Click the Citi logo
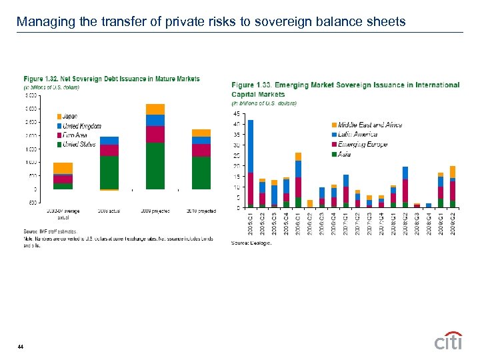click(448, 341)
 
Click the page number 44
click(21, 346)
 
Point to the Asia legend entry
click(345, 154)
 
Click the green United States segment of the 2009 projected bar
click(155, 165)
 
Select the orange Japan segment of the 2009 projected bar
click(155, 109)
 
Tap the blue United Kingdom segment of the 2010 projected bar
click(201, 140)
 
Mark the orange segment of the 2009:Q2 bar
click(453, 171)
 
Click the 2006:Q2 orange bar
click(310, 203)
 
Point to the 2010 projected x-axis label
click(201, 211)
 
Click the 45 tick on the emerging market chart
click(238, 113)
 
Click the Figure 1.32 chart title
click(111, 79)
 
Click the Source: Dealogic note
click(251, 243)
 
